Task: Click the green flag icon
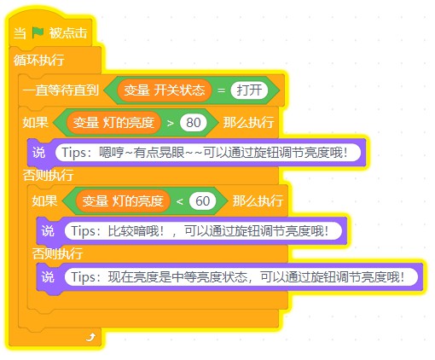pos(38,32)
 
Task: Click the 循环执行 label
pos(39,60)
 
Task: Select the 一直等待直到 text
pos(61,90)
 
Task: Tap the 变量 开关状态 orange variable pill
pos(165,90)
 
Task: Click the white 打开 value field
pos(249,90)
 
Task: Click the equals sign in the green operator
pos(221,90)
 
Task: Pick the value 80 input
pos(194,123)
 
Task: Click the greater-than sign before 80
pos(171,123)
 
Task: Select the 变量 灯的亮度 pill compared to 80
pos(113,123)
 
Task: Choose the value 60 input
pos(202,201)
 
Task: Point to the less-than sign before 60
pos(179,201)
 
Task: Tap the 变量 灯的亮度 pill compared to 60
pos(123,201)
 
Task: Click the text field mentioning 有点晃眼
pos(208,153)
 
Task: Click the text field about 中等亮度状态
pos(241,276)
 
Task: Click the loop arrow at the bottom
pos(90,337)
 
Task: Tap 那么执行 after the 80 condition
pos(248,123)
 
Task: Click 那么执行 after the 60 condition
pos(258,201)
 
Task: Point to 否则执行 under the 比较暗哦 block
pos(57,253)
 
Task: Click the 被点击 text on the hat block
pos(68,32)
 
